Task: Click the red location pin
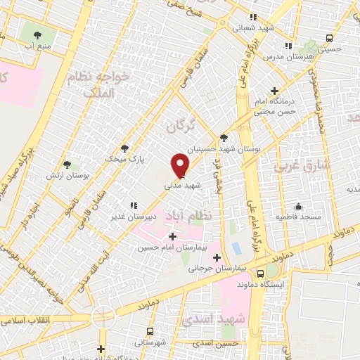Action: pyautogui.click(x=180, y=165)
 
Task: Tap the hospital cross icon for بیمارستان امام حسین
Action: pyautogui.click(x=172, y=236)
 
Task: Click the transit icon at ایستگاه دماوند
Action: pyautogui.click(x=261, y=273)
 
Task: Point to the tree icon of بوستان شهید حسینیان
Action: pyautogui.click(x=224, y=139)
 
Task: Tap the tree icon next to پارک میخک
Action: pyautogui.click(x=125, y=148)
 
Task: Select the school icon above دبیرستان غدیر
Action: pyautogui.click(x=133, y=205)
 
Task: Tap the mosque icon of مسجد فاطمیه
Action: pyautogui.click(x=298, y=206)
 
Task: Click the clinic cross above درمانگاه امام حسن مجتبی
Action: pyautogui.click(x=274, y=91)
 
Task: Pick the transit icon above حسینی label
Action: pyautogui.click(x=329, y=39)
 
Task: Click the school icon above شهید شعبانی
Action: pyautogui.click(x=253, y=18)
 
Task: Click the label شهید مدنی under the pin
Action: pyautogui.click(x=178, y=187)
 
